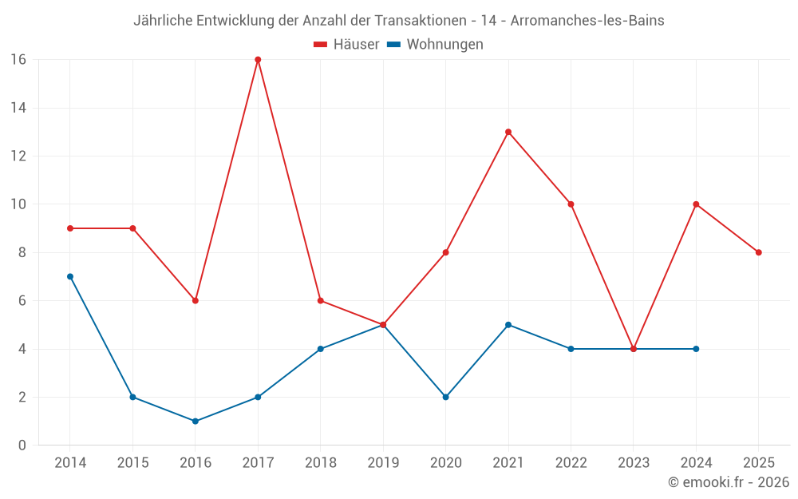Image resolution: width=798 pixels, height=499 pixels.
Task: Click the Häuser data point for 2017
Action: [258, 60]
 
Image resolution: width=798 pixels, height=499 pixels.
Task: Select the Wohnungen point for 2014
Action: [70, 276]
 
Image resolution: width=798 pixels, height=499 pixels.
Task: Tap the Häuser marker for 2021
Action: [508, 132]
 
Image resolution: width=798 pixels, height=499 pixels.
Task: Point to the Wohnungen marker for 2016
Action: [196, 421]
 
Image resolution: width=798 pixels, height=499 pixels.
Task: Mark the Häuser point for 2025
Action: [759, 252]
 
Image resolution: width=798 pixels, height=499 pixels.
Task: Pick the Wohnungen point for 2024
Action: [696, 349]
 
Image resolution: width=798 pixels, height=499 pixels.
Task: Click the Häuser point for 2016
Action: [196, 300]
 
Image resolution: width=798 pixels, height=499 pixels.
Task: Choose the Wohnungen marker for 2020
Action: [446, 397]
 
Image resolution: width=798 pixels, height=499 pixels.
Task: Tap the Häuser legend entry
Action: [346, 44]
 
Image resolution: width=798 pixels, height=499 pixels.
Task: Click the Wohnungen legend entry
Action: [435, 44]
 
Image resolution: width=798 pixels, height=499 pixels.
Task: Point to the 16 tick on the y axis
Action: [18, 60]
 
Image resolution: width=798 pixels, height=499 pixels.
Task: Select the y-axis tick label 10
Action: [18, 204]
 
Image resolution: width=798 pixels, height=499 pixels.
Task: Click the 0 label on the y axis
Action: [22, 445]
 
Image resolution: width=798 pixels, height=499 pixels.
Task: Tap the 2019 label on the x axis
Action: [383, 462]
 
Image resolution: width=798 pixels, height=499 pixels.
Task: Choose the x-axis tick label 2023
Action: [634, 462]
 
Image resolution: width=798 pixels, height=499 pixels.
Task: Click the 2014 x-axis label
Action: [70, 462]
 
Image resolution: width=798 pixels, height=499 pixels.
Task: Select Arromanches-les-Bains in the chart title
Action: [587, 21]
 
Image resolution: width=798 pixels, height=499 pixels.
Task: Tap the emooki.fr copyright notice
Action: [729, 481]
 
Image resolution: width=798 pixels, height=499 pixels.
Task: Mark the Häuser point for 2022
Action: [571, 204]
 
